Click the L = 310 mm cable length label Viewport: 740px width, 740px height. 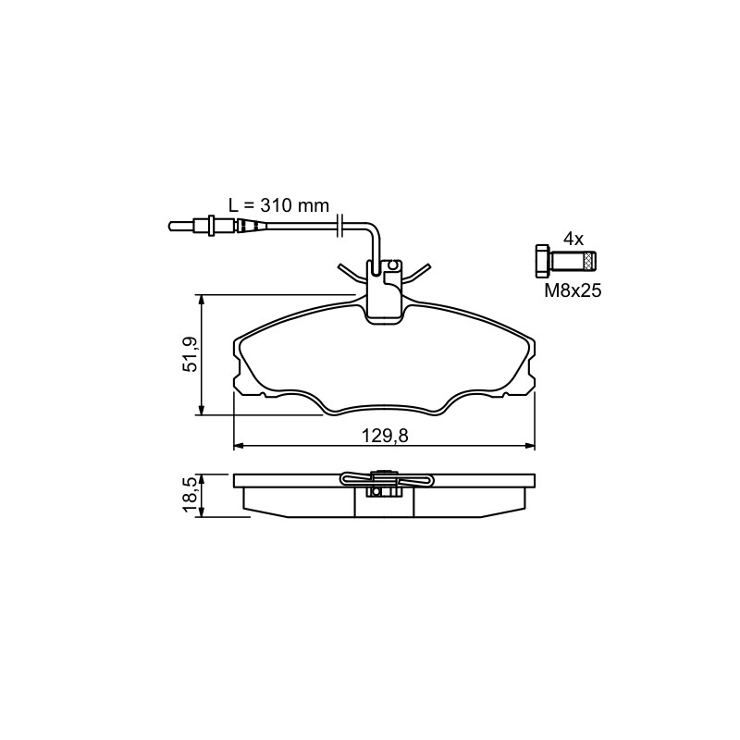point(278,205)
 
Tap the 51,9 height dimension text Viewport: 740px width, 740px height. point(191,354)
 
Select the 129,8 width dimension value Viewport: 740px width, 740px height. point(385,436)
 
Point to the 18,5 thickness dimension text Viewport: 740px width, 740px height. point(191,495)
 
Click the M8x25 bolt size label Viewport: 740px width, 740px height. point(573,290)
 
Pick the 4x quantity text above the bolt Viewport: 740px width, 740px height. point(573,240)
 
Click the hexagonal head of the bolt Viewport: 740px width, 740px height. point(542,261)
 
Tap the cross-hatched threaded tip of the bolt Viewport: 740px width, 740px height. point(590,261)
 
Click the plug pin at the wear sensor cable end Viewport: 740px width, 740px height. point(180,227)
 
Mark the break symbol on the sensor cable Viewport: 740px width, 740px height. point(339,225)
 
